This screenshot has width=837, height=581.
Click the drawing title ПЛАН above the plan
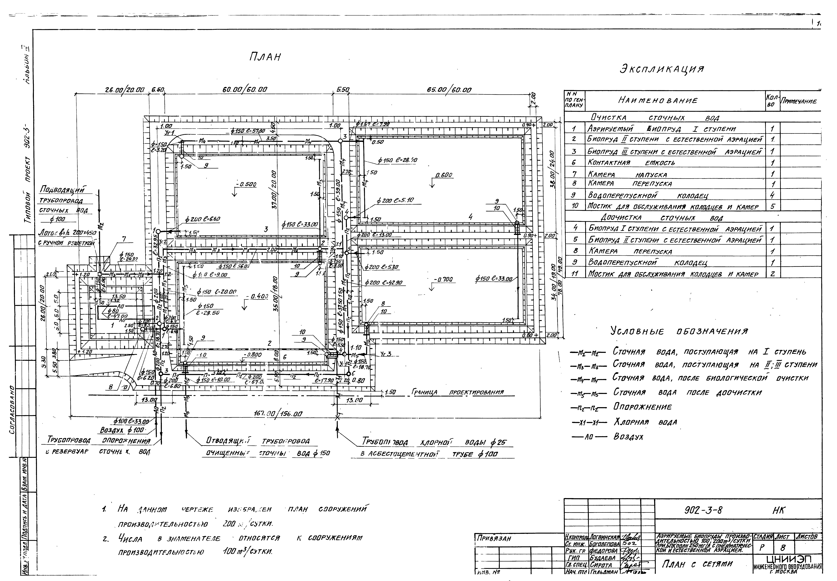click(x=265, y=57)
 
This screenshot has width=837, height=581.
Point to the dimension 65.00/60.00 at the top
click(x=449, y=90)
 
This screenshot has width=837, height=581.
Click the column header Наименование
click(x=657, y=101)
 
